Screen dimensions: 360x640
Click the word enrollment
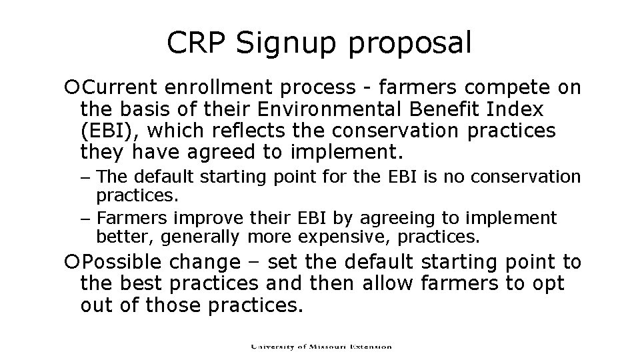(x=215, y=87)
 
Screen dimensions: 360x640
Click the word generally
(x=206, y=236)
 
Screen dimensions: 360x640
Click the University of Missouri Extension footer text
(x=321, y=347)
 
